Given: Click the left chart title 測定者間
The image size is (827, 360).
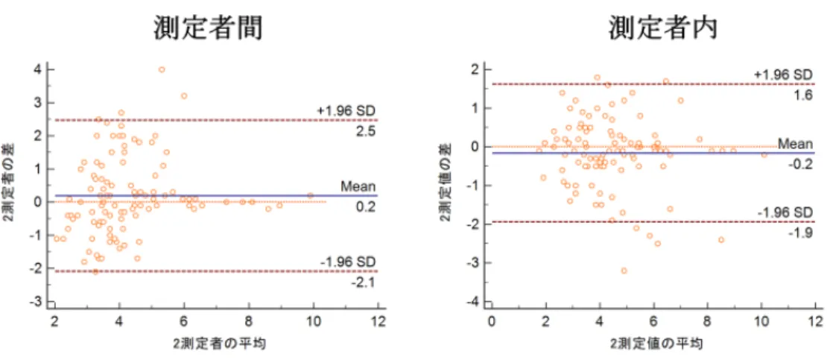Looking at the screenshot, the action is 208,29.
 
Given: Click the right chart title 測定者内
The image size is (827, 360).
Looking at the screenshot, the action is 662,29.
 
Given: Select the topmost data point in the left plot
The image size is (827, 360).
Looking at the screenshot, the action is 162,69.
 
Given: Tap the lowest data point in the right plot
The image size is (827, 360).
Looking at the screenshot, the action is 624,271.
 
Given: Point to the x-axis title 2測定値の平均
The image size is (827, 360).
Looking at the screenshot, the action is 656,344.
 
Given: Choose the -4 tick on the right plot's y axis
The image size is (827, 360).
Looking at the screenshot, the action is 474,301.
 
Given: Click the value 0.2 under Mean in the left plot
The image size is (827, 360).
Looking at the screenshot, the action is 366,207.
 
